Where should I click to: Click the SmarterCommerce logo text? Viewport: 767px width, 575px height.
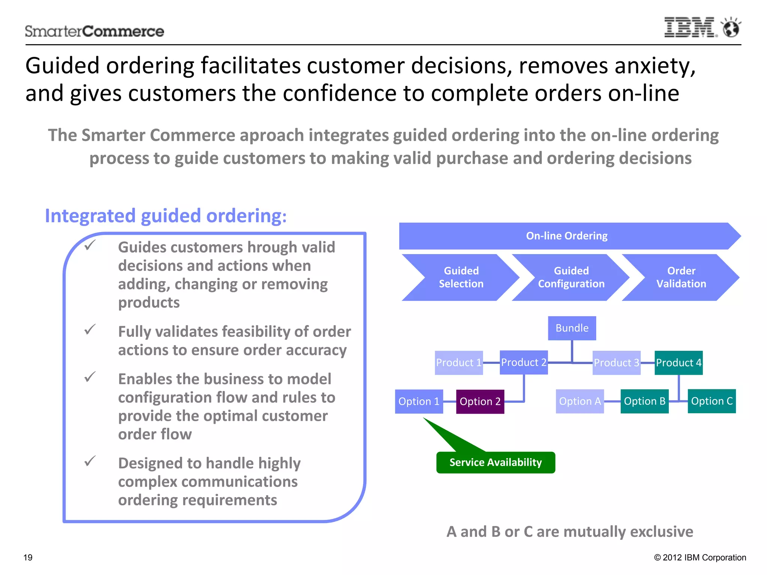94,31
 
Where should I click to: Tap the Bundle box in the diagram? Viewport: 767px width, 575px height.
572,328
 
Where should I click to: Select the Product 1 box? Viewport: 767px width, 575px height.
458,363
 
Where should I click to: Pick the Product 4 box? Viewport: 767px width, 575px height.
678,363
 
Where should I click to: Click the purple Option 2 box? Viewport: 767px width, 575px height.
480,402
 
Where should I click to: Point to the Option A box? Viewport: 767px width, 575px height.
579,401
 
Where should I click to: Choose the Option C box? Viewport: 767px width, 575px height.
711,401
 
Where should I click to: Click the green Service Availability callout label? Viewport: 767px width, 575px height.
495,463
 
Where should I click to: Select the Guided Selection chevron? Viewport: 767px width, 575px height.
461,277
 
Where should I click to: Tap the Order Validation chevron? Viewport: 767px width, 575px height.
681,277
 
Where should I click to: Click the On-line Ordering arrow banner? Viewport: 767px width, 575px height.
567,236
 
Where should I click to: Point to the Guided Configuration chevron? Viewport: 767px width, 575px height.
571,277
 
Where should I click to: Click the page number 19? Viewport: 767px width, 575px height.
28,557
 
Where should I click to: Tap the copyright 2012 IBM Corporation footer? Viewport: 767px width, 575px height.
700,557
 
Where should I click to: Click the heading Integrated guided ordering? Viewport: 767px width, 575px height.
166,216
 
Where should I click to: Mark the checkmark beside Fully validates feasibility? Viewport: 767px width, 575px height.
90,330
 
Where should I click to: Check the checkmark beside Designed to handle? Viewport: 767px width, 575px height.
90,461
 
